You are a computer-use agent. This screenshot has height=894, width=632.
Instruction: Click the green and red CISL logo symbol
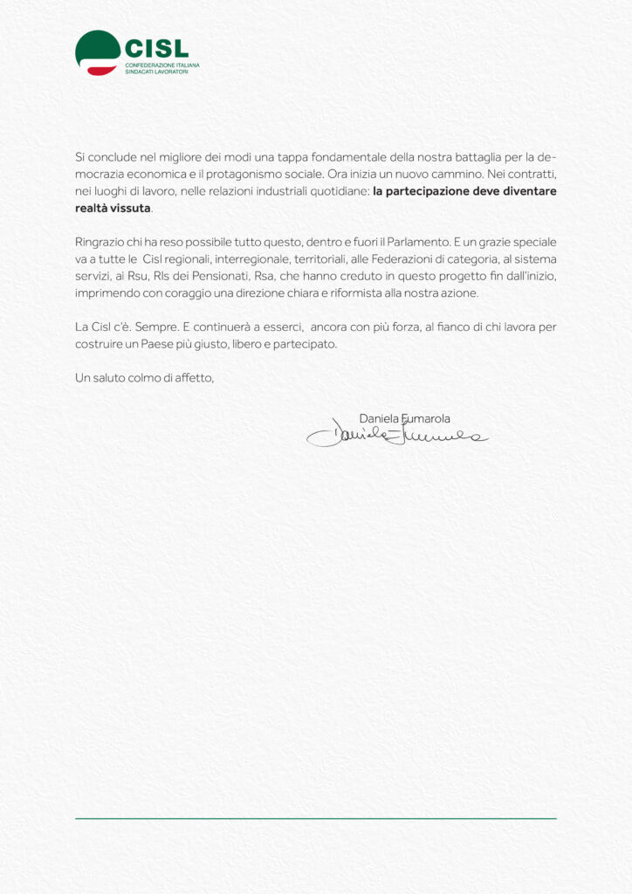(97, 52)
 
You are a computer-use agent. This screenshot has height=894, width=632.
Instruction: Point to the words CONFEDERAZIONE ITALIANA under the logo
(162, 65)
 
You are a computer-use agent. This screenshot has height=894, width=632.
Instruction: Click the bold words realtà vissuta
(113, 208)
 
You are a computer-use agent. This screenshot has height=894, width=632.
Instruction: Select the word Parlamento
(406, 242)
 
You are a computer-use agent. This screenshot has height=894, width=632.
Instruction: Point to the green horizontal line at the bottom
(315, 818)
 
